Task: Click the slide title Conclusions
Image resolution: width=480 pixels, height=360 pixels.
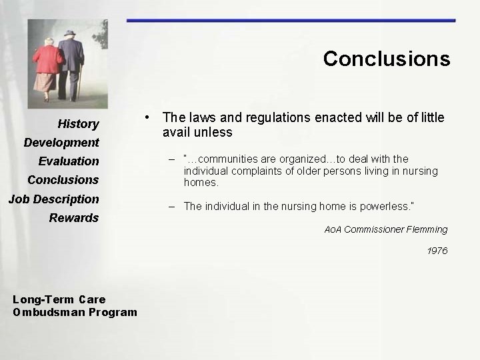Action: point(387,59)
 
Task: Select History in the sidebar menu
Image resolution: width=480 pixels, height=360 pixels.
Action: point(78,124)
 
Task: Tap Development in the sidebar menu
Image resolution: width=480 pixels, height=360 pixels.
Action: point(61,143)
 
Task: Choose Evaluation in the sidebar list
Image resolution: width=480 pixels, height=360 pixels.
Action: point(69,161)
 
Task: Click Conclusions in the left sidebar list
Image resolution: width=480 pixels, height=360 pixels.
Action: point(63,180)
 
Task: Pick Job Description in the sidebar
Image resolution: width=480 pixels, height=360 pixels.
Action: point(53,199)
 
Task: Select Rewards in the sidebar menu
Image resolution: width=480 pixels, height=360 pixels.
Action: point(73,218)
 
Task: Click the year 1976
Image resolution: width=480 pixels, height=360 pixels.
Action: point(437,251)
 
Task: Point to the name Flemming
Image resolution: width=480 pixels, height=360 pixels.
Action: point(427,229)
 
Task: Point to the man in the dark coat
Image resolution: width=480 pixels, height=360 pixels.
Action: point(71,63)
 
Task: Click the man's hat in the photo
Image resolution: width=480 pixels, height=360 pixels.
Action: point(70,33)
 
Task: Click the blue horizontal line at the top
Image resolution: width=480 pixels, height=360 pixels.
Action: point(291,21)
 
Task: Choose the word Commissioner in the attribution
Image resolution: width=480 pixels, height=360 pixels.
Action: point(373,229)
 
